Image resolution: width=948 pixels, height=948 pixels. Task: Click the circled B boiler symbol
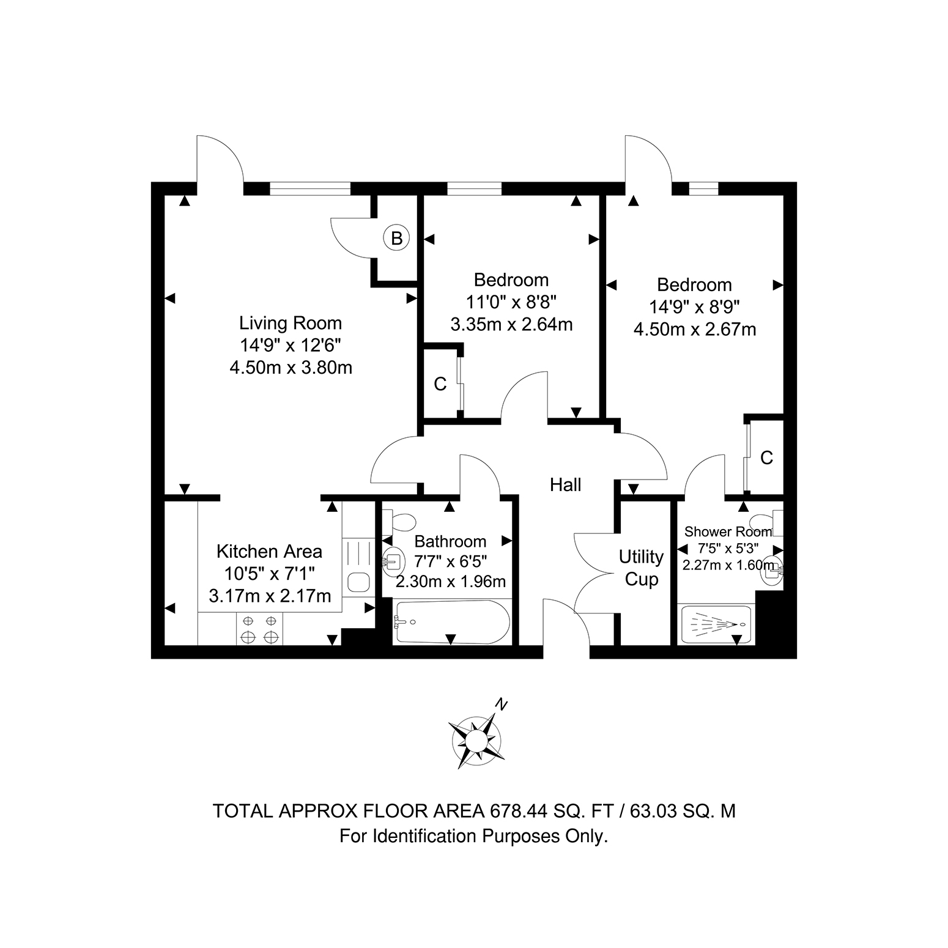[396, 238]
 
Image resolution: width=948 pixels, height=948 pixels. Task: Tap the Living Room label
[291, 323]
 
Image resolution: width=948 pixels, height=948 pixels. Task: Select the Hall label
[565, 485]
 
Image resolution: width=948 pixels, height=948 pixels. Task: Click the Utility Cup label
[641, 568]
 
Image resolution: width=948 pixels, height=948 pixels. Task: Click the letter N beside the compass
[502, 705]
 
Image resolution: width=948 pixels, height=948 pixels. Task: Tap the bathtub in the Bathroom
[452, 621]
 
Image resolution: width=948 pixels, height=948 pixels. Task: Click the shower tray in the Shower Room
[716, 624]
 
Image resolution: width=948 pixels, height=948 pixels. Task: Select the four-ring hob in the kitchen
[259, 629]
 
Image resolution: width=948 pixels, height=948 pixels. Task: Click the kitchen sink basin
[358, 582]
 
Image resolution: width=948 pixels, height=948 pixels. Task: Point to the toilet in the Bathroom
[399, 522]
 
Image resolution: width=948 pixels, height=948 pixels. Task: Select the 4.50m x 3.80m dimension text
[291, 368]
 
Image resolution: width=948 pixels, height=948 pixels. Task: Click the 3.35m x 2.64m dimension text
[511, 324]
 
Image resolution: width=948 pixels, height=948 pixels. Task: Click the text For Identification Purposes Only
[474, 836]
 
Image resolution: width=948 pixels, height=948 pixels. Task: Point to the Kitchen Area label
[269, 552]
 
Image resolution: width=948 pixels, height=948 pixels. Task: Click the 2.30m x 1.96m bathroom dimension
[451, 581]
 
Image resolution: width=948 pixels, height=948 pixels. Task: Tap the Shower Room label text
[728, 532]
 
